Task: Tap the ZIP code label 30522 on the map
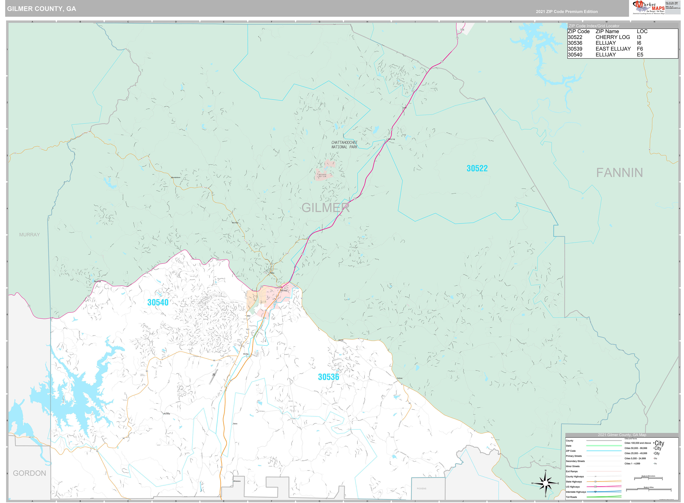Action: [x=477, y=168]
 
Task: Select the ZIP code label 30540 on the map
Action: [x=158, y=302]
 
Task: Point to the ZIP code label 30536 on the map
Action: [x=328, y=377]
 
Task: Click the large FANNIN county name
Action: [x=619, y=173]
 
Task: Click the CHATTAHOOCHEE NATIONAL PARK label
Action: [x=344, y=145]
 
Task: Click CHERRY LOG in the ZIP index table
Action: [x=612, y=37]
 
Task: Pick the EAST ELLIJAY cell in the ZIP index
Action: [x=613, y=49]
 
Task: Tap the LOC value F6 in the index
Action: [x=640, y=49]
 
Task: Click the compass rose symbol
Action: [x=545, y=483]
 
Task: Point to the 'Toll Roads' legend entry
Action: [x=571, y=497]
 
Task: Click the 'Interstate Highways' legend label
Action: [x=576, y=492]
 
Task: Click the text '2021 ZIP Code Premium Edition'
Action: [x=567, y=12]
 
